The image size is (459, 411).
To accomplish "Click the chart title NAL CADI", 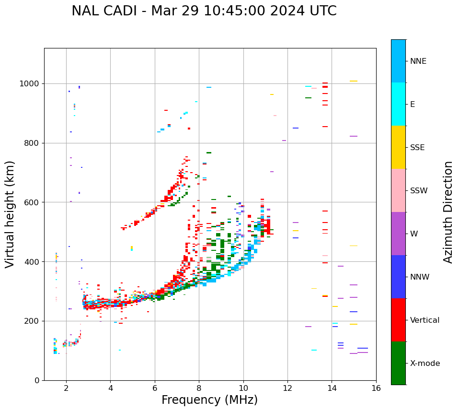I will coord(204,11).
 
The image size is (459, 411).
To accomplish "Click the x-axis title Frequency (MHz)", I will coord(209,400).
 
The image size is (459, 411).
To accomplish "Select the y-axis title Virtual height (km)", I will coord(10,214).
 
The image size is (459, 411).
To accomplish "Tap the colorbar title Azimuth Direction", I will coord(448,212).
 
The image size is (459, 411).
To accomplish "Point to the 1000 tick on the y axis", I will coord(32,83).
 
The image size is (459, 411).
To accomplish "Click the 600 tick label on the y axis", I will coord(34,202).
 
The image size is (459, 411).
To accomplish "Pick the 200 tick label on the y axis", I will coord(34,321).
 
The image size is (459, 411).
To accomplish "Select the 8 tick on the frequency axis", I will coord(199,388).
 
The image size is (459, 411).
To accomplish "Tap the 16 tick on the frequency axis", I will coord(376,388).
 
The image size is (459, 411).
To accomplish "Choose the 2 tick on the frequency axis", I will coord(66,388).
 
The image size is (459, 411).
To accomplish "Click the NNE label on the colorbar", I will coord(418,61).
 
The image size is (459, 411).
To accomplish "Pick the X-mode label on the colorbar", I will coord(425,364).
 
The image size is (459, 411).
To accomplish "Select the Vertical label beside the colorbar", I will coord(425,320).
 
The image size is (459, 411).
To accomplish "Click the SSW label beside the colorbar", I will coord(418,191).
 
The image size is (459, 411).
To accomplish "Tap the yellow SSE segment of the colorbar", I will coord(398,147).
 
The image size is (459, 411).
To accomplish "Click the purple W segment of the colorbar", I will coord(398,234).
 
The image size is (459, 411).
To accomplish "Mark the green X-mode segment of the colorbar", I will coord(398,363).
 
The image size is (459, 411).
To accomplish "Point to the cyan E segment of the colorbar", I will coord(398,104).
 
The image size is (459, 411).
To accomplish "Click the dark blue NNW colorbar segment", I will coord(398,277).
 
